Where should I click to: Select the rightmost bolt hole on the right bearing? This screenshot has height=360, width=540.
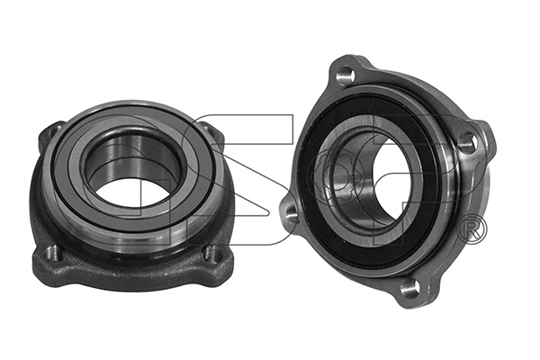(x=465, y=141)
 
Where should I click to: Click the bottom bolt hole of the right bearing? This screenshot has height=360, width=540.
(x=409, y=288)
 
